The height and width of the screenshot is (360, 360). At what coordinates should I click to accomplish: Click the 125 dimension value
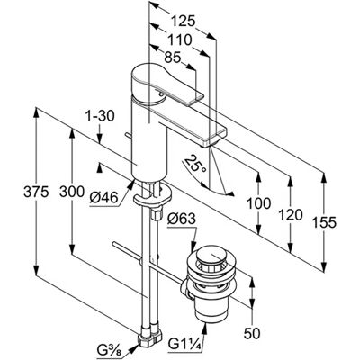click(183, 21)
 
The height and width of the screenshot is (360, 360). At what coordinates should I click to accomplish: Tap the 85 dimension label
click(173, 58)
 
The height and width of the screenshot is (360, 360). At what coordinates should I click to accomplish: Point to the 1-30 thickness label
click(99, 116)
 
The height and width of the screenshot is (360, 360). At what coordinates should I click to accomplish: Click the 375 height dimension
click(36, 192)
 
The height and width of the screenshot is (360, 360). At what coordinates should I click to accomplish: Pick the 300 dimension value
click(72, 192)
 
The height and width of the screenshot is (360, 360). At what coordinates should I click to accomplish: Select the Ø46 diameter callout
click(103, 198)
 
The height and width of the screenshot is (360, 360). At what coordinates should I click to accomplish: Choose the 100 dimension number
click(258, 203)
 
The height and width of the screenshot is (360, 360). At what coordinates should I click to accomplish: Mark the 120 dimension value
click(291, 215)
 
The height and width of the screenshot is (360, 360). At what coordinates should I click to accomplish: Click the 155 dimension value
click(324, 222)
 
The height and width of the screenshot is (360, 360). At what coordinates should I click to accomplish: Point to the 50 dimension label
click(252, 333)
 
